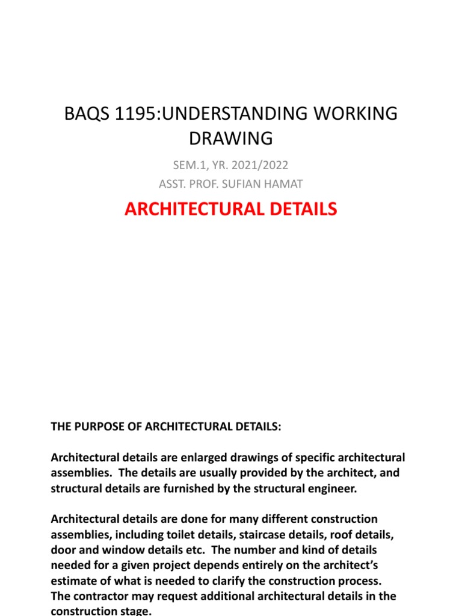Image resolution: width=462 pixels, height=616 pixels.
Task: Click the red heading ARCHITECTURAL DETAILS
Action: point(231,209)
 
